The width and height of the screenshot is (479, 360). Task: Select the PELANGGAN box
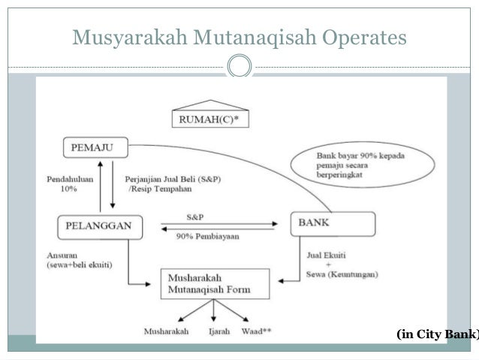click(93, 225)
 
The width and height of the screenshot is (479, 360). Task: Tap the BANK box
click(333, 224)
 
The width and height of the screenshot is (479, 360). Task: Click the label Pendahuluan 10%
click(67, 185)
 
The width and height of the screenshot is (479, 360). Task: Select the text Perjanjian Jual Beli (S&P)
click(163, 180)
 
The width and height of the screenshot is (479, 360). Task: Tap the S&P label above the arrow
click(194, 215)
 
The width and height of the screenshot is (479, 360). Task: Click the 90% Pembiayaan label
click(202, 237)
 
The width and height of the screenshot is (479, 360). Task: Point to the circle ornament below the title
click(239, 67)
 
